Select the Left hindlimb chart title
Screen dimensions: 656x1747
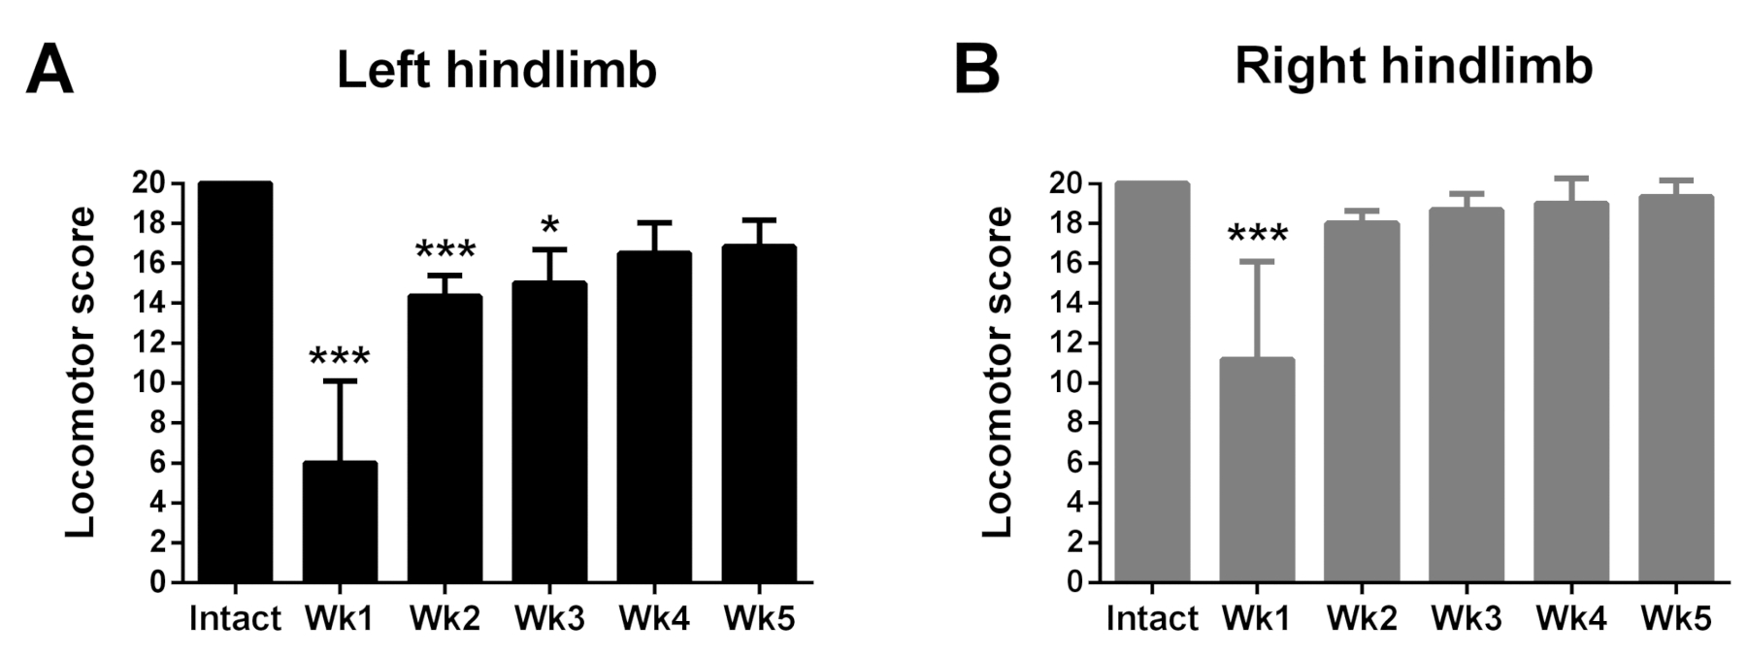pos(497,70)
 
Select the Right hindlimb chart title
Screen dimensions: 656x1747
pos(1413,68)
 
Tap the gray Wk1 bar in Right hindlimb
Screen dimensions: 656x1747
pos(1257,471)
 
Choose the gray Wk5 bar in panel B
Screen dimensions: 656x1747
pos(1676,388)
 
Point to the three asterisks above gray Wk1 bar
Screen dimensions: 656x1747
pos(1257,236)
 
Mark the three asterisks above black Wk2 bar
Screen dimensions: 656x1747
pos(445,251)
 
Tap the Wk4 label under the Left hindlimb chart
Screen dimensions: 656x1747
pos(654,619)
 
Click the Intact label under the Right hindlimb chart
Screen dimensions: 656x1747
pos(1152,619)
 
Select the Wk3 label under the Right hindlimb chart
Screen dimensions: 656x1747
pos(1467,619)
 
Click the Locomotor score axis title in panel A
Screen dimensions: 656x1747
pos(82,372)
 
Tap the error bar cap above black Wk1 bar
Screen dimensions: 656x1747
pos(341,381)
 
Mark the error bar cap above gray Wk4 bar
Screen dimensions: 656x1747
pos(1571,179)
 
